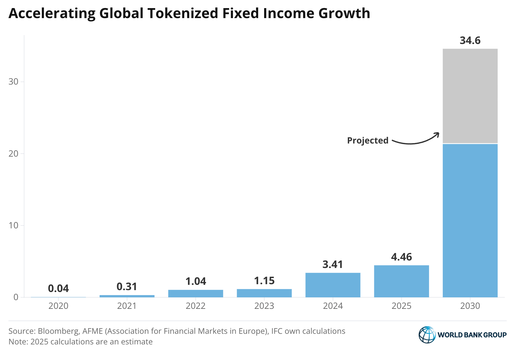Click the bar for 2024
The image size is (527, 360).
(x=333, y=285)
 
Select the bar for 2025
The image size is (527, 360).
(x=401, y=281)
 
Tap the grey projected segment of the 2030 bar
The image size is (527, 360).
(x=470, y=96)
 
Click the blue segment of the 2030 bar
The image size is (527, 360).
(x=470, y=220)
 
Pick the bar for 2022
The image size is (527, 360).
(x=196, y=294)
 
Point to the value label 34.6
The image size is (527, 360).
(x=470, y=41)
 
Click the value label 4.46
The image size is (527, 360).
(x=401, y=257)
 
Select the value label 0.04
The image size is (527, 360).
(x=58, y=288)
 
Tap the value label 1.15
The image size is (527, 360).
(x=264, y=281)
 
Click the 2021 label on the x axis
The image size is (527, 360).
(x=127, y=306)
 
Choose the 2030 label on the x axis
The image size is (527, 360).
(x=470, y=306)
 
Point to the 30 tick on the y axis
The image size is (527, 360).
(x=13, y=82)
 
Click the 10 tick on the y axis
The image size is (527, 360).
(x=13, y=225)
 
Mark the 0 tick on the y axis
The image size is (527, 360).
(x=16, y=297)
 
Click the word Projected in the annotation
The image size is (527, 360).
(x=368, y=140)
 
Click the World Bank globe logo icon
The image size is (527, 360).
(x=427, y=335)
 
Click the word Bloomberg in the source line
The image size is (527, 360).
(x=58, y=331)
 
